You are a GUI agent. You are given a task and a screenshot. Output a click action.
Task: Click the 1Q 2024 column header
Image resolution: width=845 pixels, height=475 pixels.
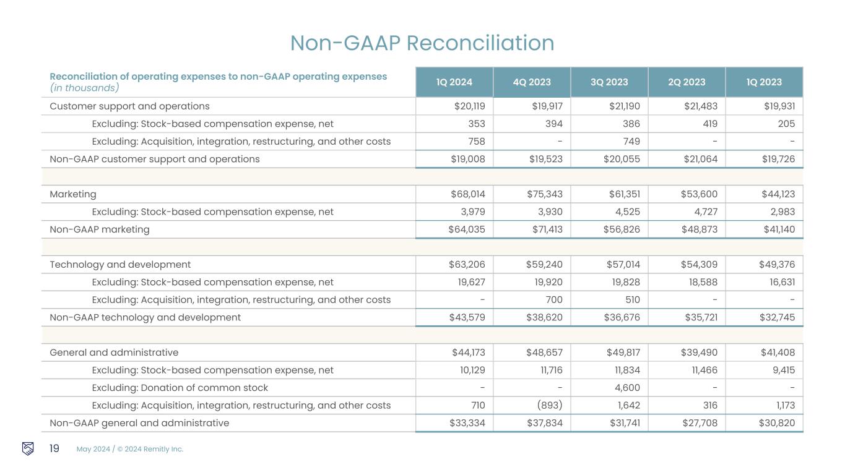pyautogui.click(x=454, y=82)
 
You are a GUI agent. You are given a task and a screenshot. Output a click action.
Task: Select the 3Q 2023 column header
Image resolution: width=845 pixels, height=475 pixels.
pyautogui.click(x=609, y=82)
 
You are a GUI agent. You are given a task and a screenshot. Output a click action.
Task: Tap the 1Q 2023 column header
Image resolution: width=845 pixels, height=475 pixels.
pyautogui.click(x=764, y=82)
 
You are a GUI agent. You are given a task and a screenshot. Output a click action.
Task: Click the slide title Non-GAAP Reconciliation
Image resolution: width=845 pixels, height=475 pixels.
pyautogui.click(x=422, y=43)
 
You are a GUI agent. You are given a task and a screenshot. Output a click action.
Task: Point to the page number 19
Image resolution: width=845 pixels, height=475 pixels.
pyautogui.click(x=54, y=448)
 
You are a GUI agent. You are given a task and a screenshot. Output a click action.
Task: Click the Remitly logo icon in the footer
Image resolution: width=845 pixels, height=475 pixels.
pyautogui.click(x=28, y=448)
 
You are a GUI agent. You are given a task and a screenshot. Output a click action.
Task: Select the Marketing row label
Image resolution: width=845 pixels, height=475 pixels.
pyautogui.click(x=73, y=194)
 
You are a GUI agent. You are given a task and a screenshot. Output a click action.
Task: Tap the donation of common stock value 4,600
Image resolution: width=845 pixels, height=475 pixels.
pyautogui.click(x=626, y=388)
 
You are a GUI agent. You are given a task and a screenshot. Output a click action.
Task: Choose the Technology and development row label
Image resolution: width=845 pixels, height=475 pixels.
pyautogui.click(x=120, y=265)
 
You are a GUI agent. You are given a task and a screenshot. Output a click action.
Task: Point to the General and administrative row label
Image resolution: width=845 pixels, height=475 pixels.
pyautogui.click(x=114, y=353)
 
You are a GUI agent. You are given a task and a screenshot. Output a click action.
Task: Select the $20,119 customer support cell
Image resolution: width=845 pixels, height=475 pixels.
pyautogui.click(x=470, y=106)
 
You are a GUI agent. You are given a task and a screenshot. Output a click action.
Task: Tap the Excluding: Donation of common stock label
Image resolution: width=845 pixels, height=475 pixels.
pyautogui.click(x=180, y=388)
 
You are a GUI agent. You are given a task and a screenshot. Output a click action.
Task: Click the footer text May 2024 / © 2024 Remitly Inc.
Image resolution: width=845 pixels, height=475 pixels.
pyautogui.click(x=130, y=449)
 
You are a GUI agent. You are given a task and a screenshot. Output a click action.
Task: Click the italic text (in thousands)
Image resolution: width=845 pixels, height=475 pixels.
pyautogui.click(x=84, y=88)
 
